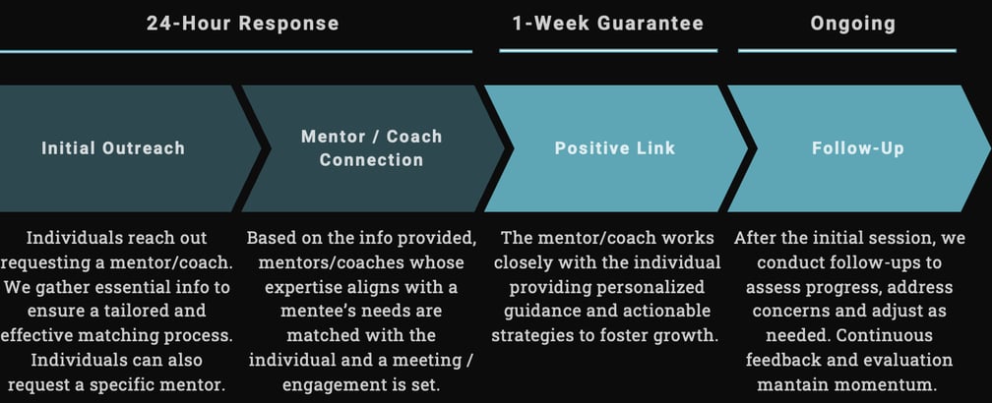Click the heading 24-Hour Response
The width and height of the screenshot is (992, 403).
coord(242,23)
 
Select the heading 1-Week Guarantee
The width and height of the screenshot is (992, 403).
coord(608,23)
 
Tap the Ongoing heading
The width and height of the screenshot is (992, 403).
coord(852,23)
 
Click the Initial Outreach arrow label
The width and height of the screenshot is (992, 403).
coord(113,148)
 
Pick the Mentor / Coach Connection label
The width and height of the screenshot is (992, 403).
coord(371,147)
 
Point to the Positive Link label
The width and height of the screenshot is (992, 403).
coord(615,148)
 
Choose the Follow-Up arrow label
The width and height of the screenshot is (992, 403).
coord(858,148)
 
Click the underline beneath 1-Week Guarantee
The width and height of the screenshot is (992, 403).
coord(608,50)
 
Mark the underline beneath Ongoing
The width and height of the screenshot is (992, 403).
coord(846,50)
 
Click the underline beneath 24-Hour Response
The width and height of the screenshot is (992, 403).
coord(236,50)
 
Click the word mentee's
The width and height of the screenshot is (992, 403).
coord(293,312)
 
